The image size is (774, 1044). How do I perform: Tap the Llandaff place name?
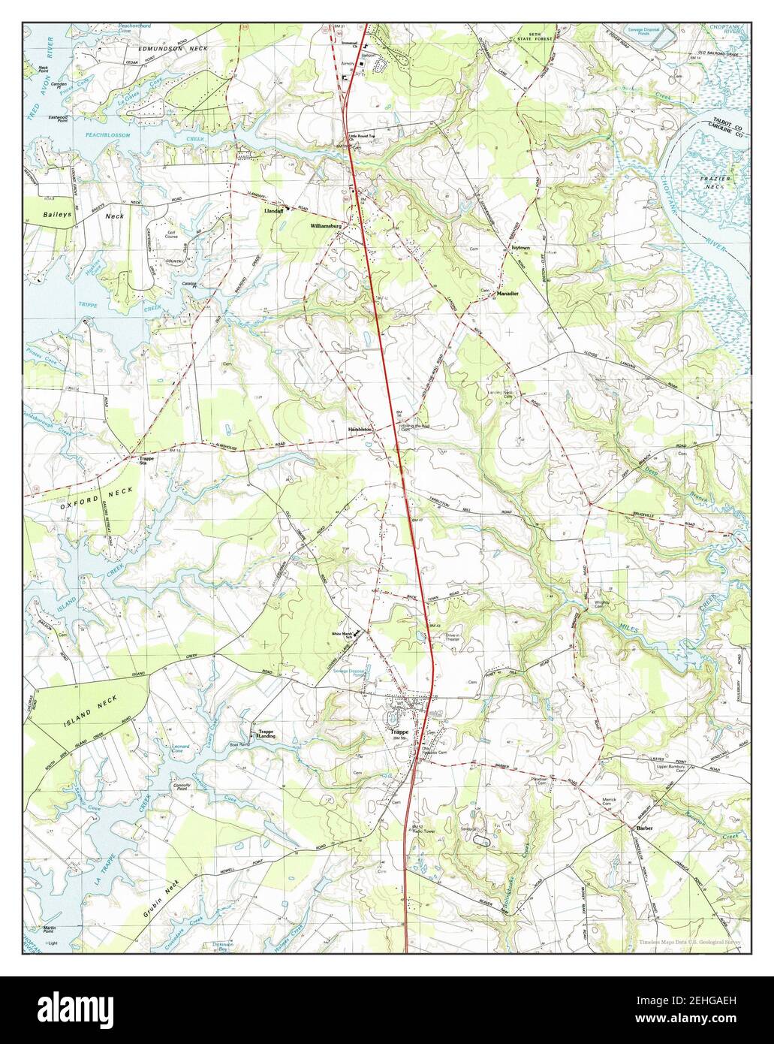[x=271, y=212]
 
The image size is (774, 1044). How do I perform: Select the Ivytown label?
[x=521, y=246]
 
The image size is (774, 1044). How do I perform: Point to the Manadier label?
[x=507, y=295]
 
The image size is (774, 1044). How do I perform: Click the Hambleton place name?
[x=360, y=429]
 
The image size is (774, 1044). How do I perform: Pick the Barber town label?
[x=645, y=828]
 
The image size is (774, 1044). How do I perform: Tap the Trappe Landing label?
[x=266, y=735]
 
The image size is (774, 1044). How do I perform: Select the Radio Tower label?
[x=425, y=831]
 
